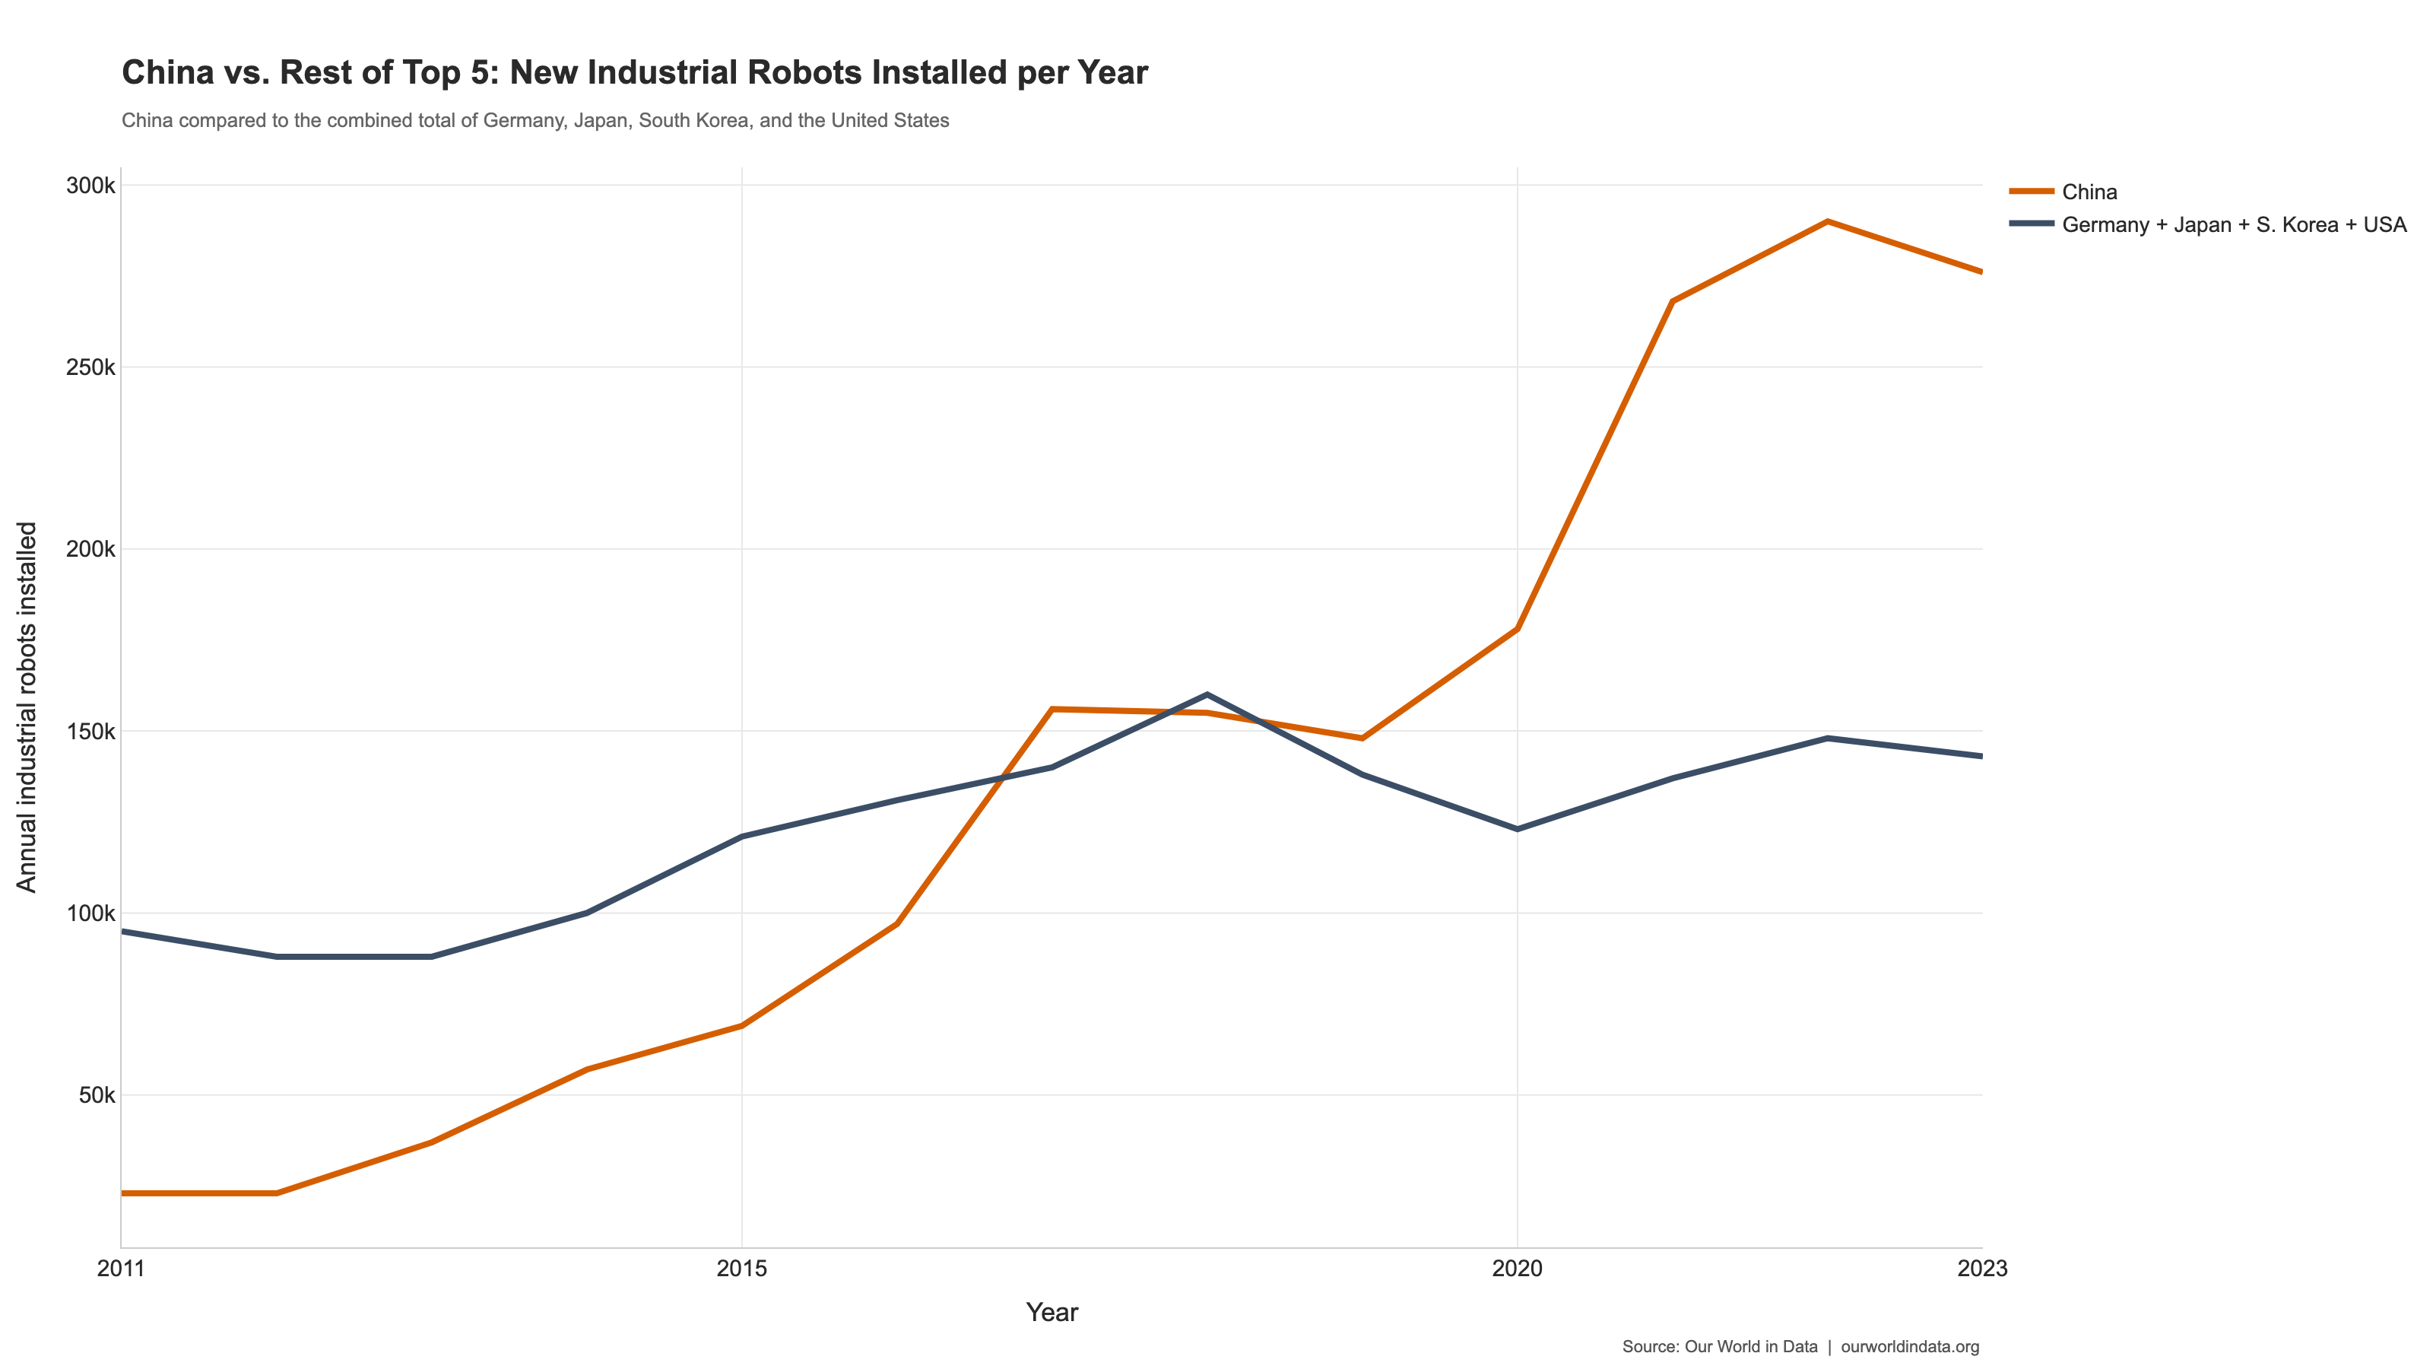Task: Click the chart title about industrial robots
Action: (x=635, y=73)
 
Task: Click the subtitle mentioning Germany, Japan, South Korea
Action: (x=534, y=121)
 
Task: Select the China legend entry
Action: (x=2089, y=192)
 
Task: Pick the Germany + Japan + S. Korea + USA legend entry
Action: (x=2234, y=225)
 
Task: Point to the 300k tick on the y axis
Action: (x=90, y=185)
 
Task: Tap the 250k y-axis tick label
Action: (x=90, y=367)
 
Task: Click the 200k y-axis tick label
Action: (x=90, y=549)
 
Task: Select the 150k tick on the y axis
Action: (x=90, y=731)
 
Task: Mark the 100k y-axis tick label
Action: (x=90, y=913)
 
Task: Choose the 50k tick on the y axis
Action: (x=97, y=1096)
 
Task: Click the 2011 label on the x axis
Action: (x=121, y=1269)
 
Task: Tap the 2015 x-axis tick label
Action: (x=741, y=1269)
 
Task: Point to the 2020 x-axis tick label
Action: (x=1517, y=1269)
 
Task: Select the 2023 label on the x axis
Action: (x=1981, y=1269)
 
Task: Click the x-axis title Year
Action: (x=1052, y=1312)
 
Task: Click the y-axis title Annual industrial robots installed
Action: (x=27, y=707)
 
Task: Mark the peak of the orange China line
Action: (x=1828, y=221)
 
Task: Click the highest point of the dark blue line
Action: (x=1207, y=694)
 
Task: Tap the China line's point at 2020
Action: (x=1517, y=628)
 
